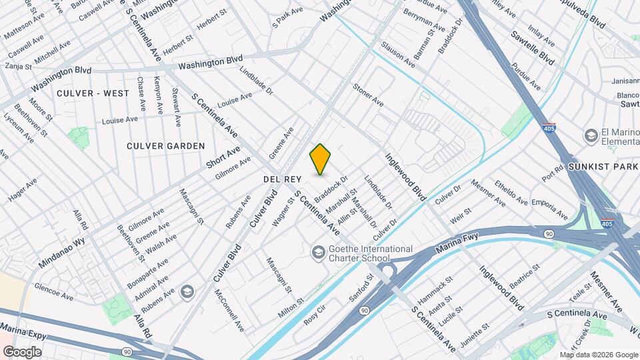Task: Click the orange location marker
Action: pos(320,160)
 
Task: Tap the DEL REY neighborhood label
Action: pos(283,179)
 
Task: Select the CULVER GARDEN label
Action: pos(167,145)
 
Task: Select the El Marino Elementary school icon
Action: pos(591,136)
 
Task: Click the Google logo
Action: pos(22,351)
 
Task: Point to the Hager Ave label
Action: pos(23,189)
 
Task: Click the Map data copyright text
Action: pos(598,355)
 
